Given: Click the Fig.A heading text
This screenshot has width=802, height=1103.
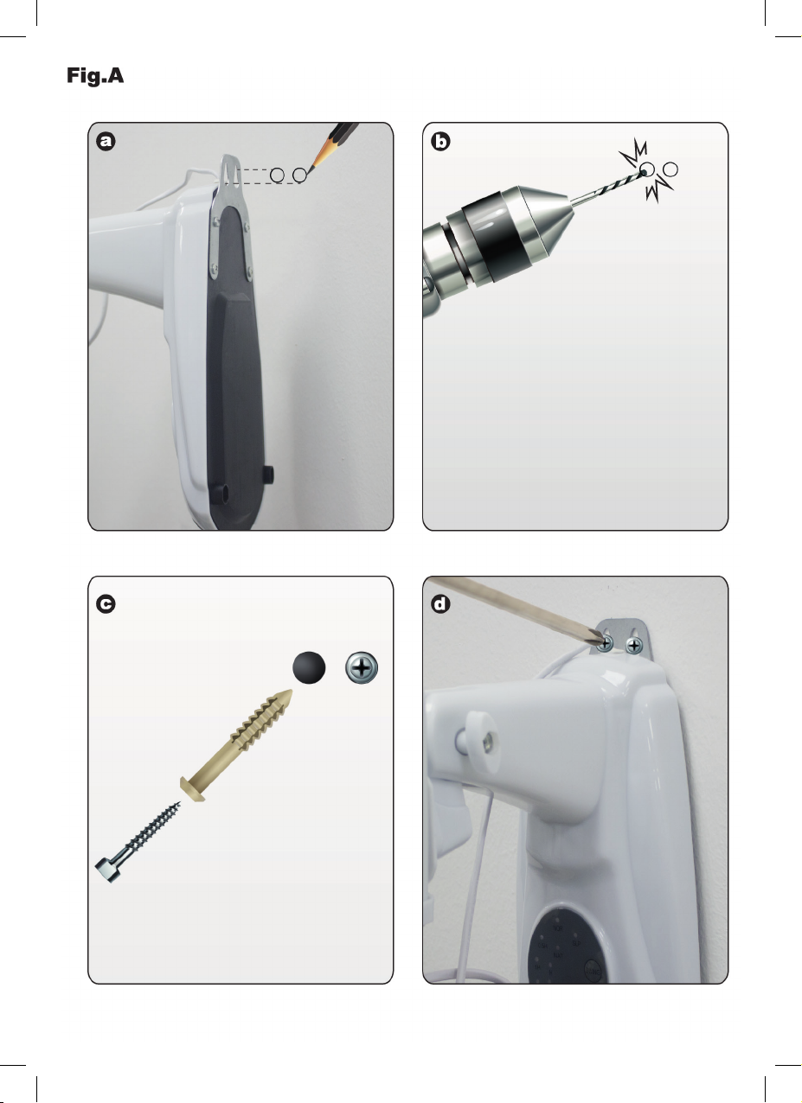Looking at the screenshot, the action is tap(95, 76).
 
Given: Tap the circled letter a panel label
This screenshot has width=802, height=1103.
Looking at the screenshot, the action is tap(106, 141).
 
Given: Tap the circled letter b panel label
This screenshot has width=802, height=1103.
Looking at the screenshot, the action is tap(440, 141).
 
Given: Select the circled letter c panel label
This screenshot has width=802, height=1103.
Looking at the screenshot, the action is tap(106, 603).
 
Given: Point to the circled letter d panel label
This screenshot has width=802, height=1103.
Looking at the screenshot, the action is tap(440, 603).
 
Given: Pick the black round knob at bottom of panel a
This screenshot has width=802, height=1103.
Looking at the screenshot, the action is tap(267, 475).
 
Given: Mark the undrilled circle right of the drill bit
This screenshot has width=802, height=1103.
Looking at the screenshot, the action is tap(670, 169).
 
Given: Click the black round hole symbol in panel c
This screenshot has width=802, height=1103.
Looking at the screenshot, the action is tap(309, 667).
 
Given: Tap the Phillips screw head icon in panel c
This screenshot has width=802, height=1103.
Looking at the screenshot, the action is tap(362, 667).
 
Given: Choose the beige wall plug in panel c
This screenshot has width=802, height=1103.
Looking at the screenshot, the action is tap(237, 745).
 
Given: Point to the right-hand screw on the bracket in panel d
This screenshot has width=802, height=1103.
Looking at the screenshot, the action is tap(634, 645).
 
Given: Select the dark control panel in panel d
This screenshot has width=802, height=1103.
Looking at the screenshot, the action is tap(566, 945).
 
